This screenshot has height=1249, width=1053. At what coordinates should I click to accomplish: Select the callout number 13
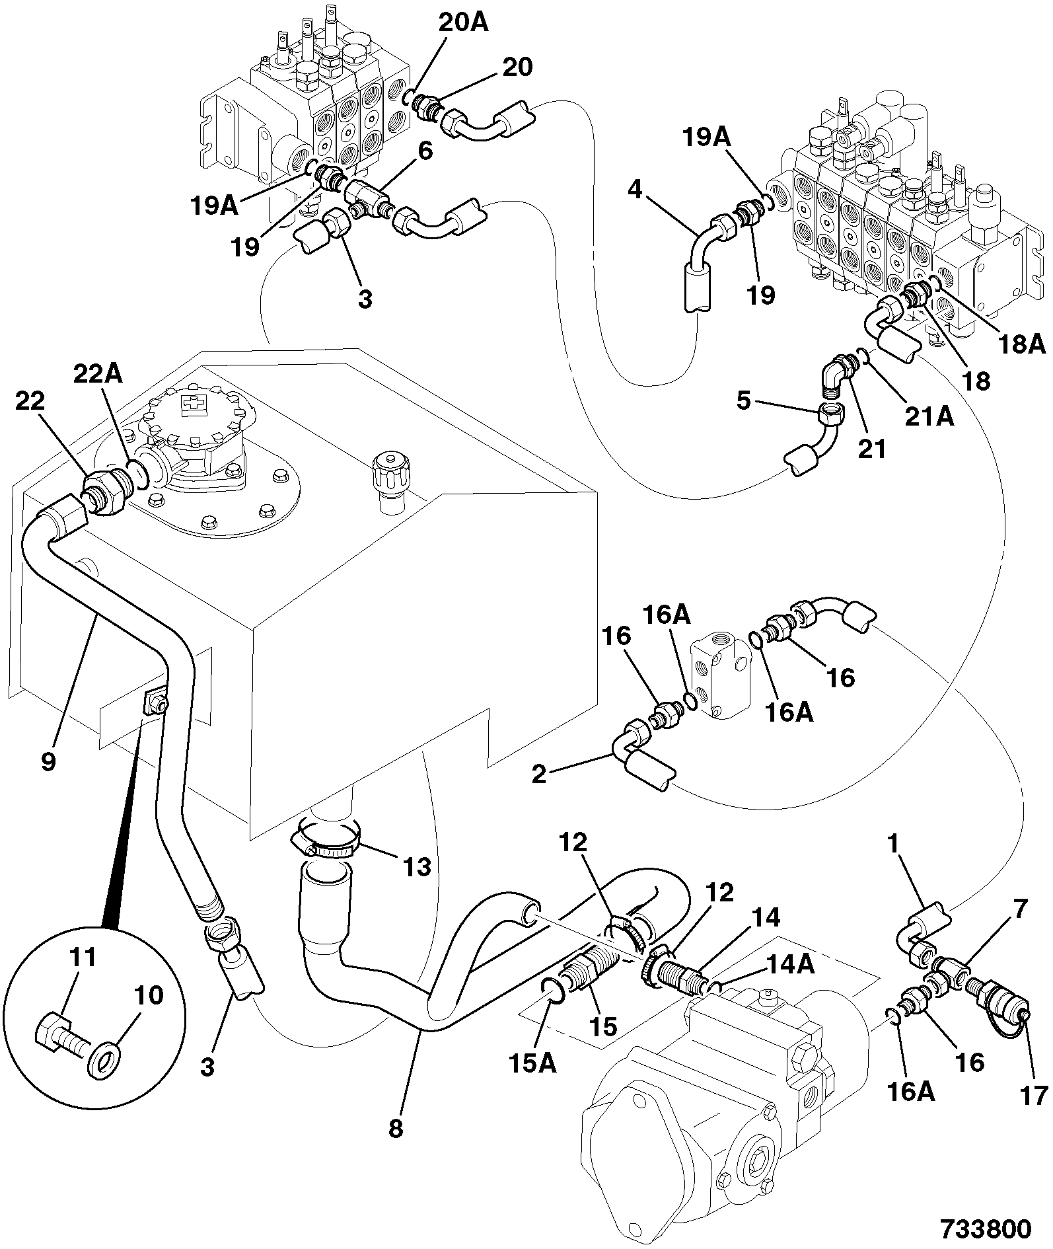pyautogui.click(x=416, y=866)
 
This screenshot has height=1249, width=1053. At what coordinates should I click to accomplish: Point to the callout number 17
pyautogui.click(x=1034, y=1096)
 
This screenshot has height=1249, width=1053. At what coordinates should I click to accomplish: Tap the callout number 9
pyautogui.click(x=48, y=761)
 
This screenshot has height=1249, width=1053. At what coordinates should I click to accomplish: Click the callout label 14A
pyautogui.click(x=791, y=965)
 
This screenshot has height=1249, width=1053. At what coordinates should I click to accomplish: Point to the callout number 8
pyautogui.click(x=396, y=1129)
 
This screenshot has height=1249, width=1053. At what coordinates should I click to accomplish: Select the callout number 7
pyautogui.click(x=1020, y=909)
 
